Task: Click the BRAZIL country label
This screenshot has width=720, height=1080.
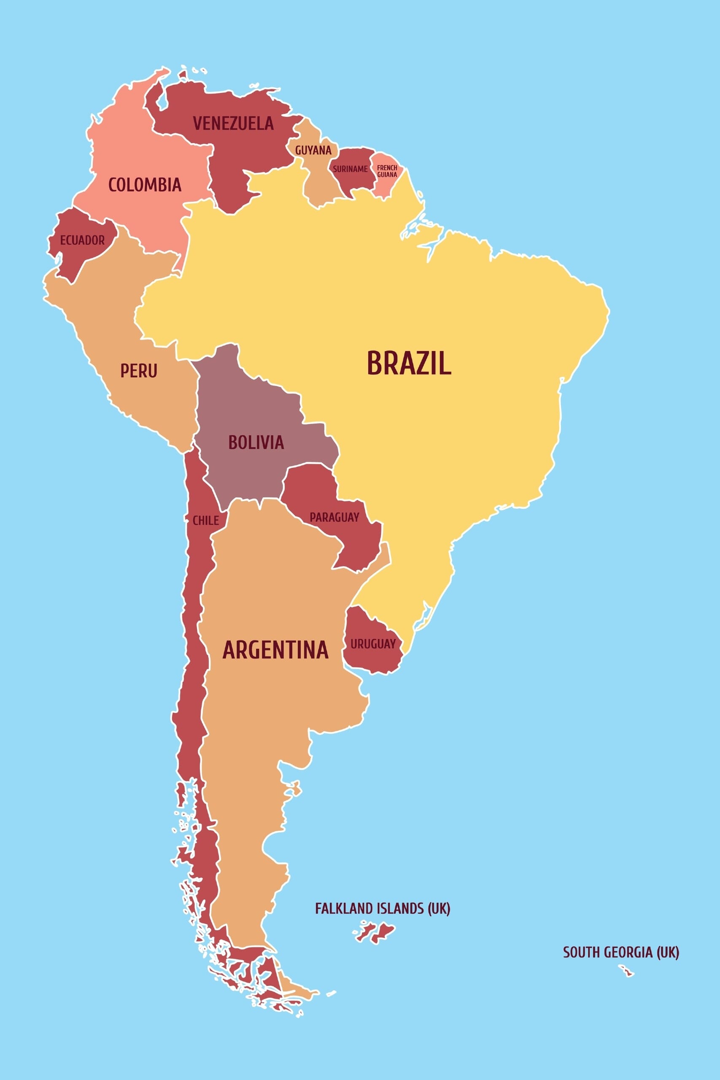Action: pyautogui.click(x=409, y=363)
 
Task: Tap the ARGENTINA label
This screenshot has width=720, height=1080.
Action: pyautogui.click(x=275, y=650)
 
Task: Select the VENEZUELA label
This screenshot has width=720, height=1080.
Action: pyautogui.click(x=233, y=123)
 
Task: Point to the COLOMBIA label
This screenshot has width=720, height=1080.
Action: pyautogui.click(x=145, y=185)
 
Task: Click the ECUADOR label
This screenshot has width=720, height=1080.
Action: pyautogui.click(x=82, y=240)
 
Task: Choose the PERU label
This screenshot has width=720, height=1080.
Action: pyautogui.click(x=139, y=370)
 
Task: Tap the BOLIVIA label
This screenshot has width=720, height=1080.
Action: pyautogui.click(x=256, y=442)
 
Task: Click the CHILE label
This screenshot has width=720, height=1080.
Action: pyautogui.click(x=205, y=520)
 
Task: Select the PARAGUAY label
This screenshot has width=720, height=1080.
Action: pyautogui.click(x=334, y=518)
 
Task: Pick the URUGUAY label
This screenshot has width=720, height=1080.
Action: pyautogui.click(x=373, y=644)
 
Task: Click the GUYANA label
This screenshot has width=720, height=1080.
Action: pyautogui.click(x=313, y=150)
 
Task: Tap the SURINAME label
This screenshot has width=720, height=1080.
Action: pyautogui.click(x=351, y=169)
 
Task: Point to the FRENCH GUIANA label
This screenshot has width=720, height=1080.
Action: pyautogui.click(x=387, y=171)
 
